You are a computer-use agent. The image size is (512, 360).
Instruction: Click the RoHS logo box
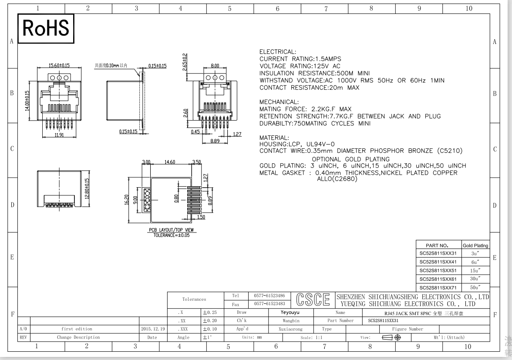tap(46, 28)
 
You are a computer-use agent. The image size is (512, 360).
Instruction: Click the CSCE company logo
tap(313, 299)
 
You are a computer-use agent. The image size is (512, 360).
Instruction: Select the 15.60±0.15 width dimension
tap(59, 65)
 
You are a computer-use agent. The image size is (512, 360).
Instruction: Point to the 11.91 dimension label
tap(59, 135)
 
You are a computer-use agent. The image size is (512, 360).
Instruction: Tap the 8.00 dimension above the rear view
tap(215, 66)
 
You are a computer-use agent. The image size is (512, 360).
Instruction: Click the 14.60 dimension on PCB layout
tap(170, 162)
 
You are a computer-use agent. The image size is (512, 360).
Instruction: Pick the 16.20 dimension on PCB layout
tap(127, 200)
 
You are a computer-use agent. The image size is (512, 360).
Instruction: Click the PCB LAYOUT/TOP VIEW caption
tap(172, 230)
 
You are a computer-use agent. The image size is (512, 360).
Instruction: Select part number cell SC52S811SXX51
tap(438, 271)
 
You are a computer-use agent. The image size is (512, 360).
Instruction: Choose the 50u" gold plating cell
tap(475, 288)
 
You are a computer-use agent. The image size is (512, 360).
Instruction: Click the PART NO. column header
tap(437, 246)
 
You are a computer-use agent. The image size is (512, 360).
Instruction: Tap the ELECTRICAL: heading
tap(278, 51)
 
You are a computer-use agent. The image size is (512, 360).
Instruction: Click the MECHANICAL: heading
tap(279, 102)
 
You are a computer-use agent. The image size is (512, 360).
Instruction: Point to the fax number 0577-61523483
tap(270, 303)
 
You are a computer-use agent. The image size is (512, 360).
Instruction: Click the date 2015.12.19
tap(153, 329)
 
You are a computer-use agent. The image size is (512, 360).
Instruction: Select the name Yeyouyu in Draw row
tap(290, 313)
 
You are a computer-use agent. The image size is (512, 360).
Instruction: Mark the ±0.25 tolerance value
tap(210, 313)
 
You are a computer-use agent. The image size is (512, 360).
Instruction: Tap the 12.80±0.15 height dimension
tap(87, 188)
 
